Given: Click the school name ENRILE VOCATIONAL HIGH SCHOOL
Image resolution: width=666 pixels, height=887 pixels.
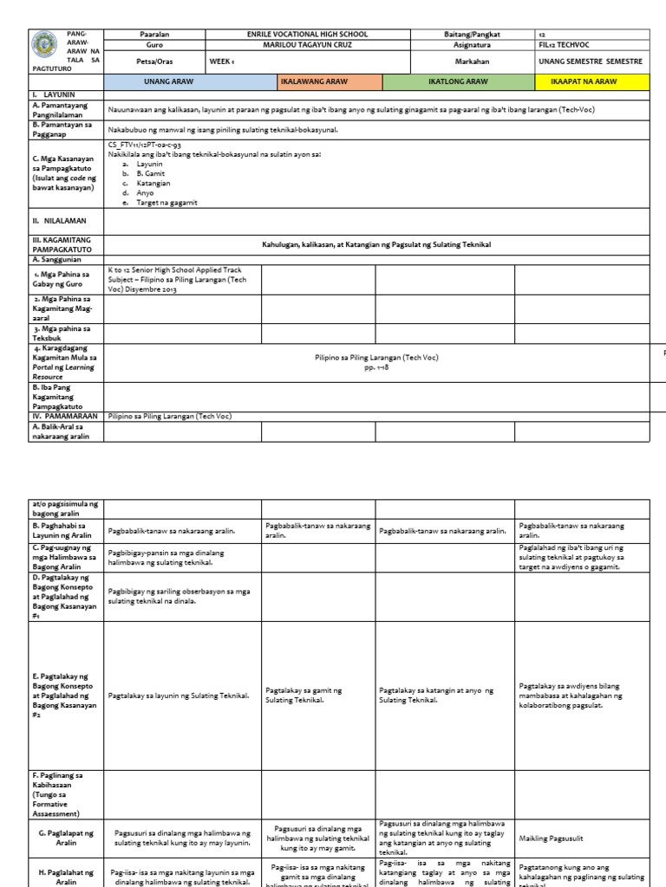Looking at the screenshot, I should (307, 35).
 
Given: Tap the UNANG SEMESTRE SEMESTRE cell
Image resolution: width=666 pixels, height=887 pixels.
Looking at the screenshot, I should (590, 62).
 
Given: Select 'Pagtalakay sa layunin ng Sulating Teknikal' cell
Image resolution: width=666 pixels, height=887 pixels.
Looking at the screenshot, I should (180, 696).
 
